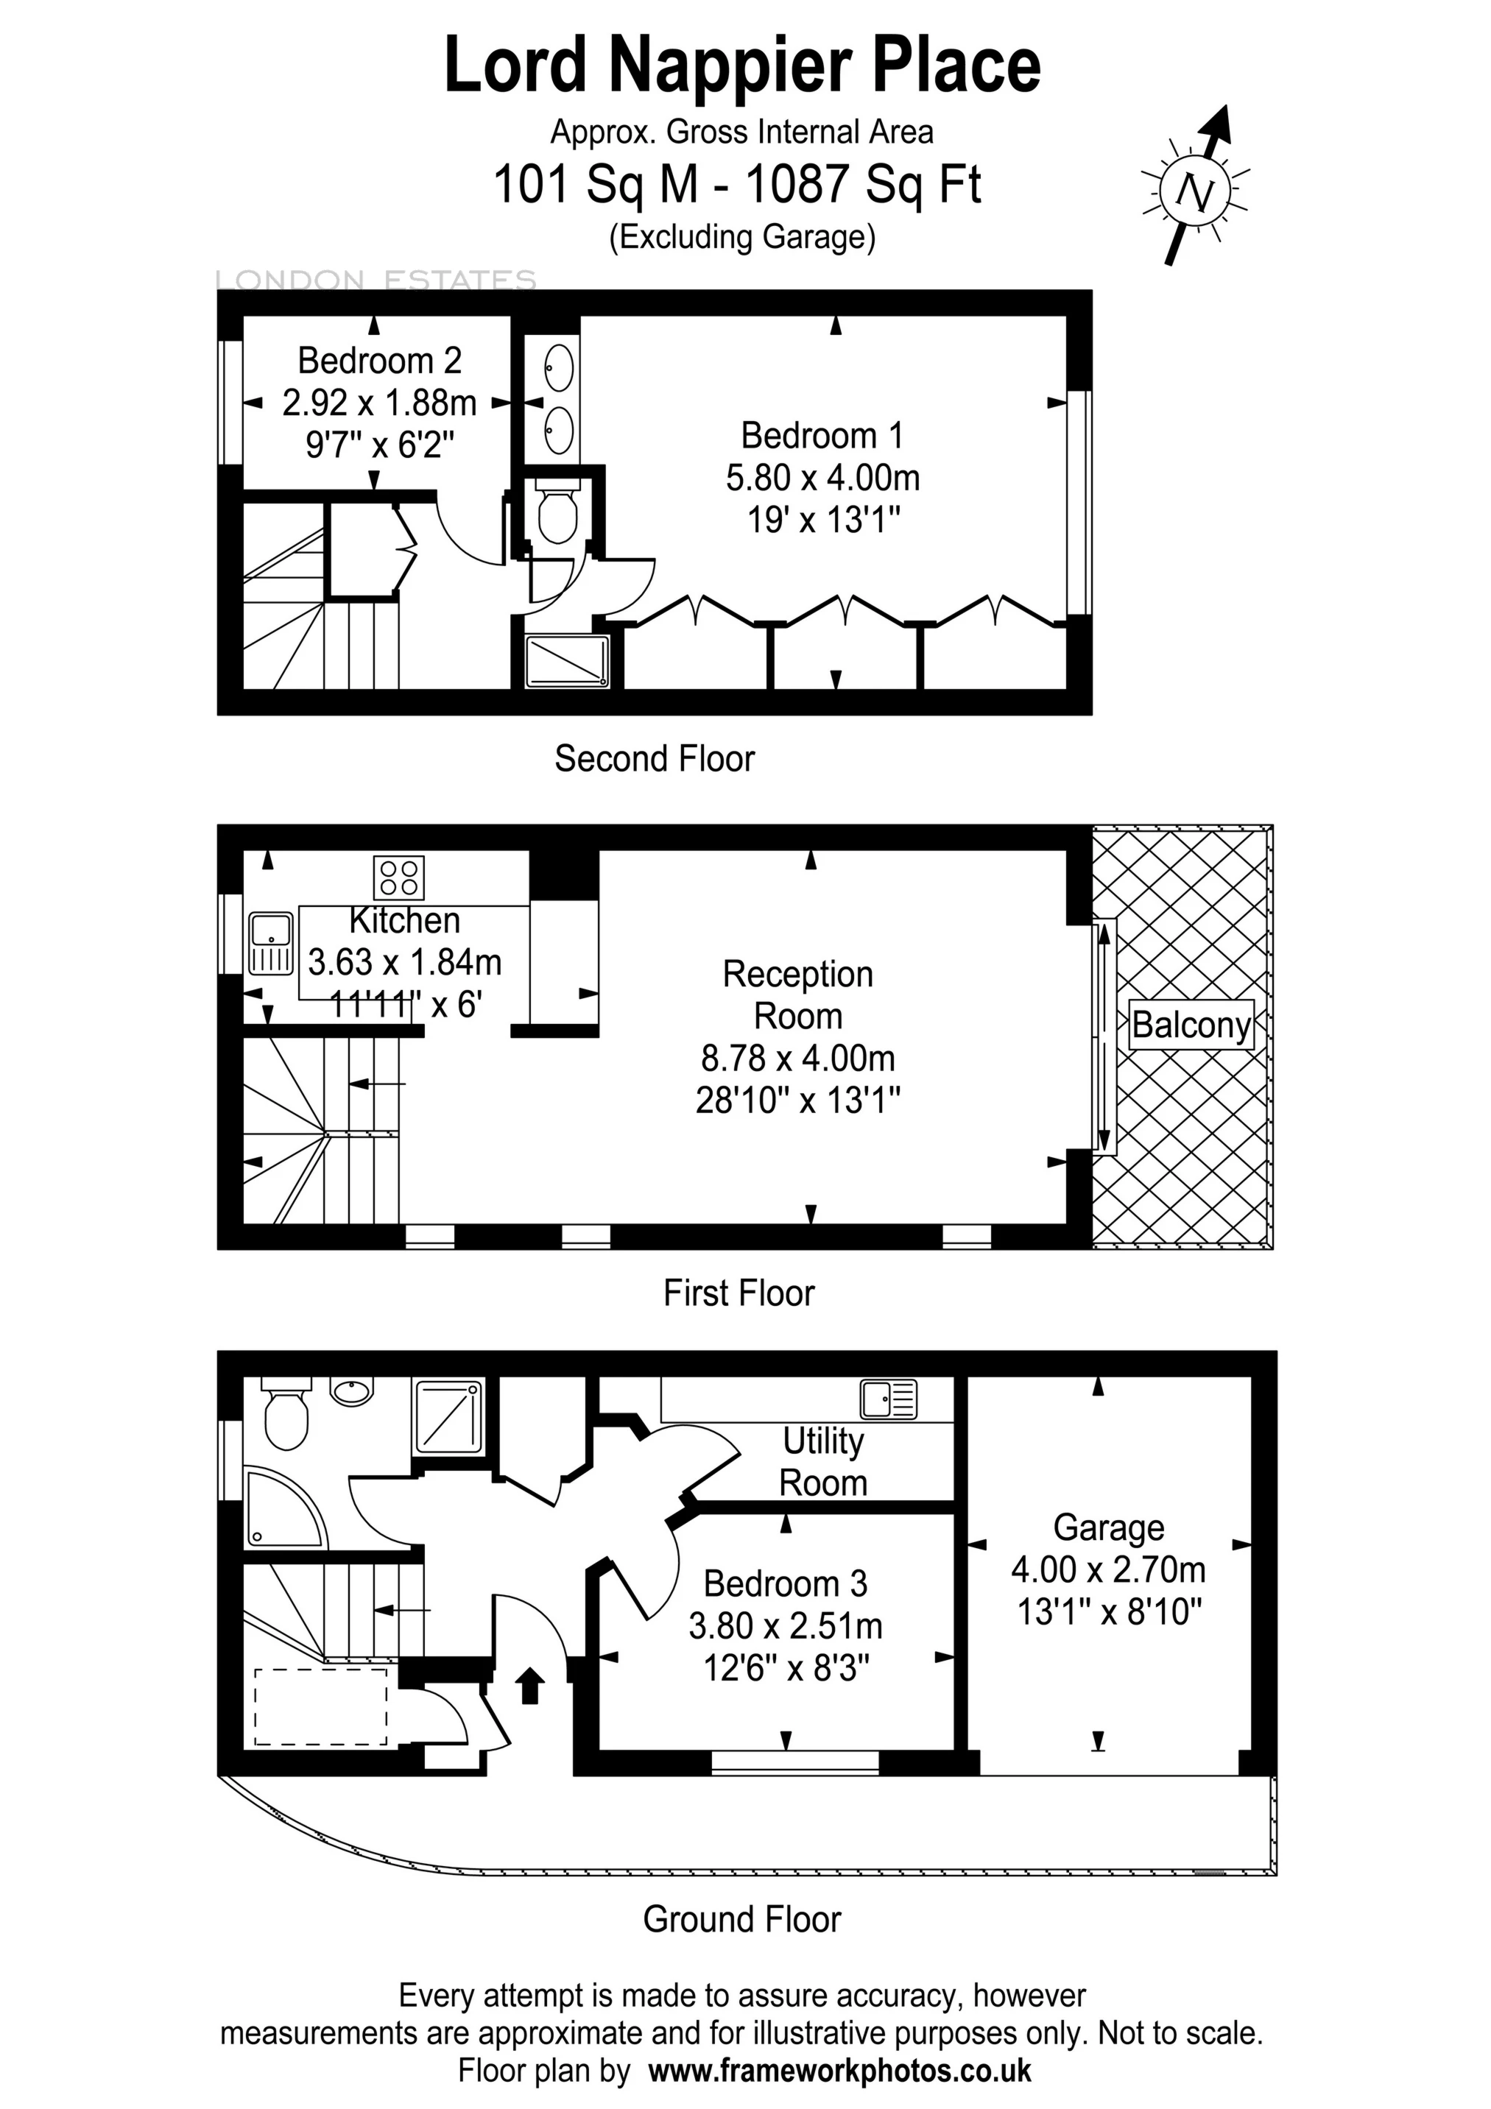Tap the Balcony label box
[1191, 1024]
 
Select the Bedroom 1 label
[822, 434]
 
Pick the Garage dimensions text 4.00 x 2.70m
[1108, 1570]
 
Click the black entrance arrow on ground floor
[530, 1686]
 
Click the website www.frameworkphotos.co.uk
[839, 2071]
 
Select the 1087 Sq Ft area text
[863, 184]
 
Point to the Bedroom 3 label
[786, 1583]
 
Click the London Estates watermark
[376, 279]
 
